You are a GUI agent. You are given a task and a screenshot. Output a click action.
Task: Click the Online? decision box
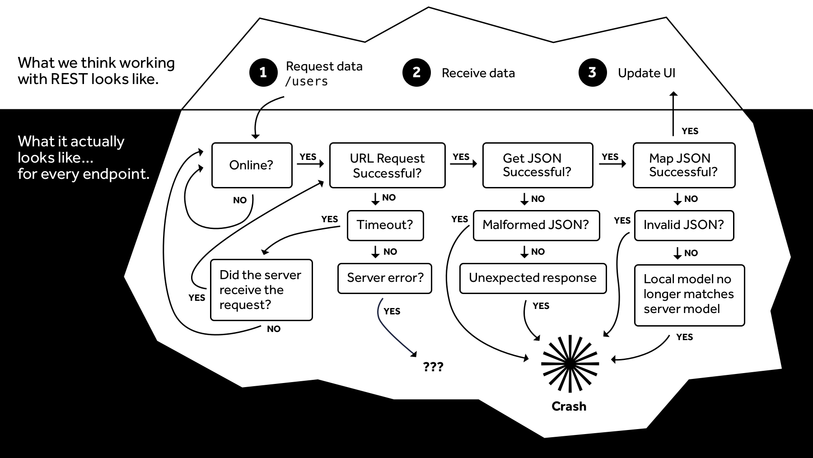[252, 165]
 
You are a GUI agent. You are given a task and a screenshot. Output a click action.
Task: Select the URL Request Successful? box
[387, 165]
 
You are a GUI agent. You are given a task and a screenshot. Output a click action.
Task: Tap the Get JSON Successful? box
[537, 165]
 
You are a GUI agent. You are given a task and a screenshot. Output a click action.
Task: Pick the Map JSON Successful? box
[684, 165]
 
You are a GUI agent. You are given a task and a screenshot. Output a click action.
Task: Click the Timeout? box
[385, 225]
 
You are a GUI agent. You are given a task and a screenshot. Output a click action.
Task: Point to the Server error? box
[385, 278]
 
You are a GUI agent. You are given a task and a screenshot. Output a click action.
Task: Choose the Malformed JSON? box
[536, 225]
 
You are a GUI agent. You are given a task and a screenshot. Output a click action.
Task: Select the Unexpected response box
[533, 278]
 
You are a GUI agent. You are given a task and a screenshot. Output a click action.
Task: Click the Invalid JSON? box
[684, 225]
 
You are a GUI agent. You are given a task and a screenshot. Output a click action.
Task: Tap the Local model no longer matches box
[689, 295]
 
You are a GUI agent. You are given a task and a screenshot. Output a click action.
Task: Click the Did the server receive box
[261, 290]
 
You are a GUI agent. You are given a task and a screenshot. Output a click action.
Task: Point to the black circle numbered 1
[263, 72]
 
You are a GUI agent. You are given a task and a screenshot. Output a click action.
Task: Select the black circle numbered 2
[416, 72]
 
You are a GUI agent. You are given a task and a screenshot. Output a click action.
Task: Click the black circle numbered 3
[592, 72]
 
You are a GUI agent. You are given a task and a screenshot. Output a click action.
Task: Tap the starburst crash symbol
[570, 363]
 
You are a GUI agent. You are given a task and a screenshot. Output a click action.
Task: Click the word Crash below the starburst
[569, 407]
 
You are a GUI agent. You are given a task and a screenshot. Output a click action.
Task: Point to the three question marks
[433, 366]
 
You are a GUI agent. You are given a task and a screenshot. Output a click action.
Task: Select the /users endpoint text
[306, 82]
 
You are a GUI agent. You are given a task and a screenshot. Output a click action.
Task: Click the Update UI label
[646, 73]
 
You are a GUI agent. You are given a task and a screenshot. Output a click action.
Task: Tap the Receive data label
[478, 73]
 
